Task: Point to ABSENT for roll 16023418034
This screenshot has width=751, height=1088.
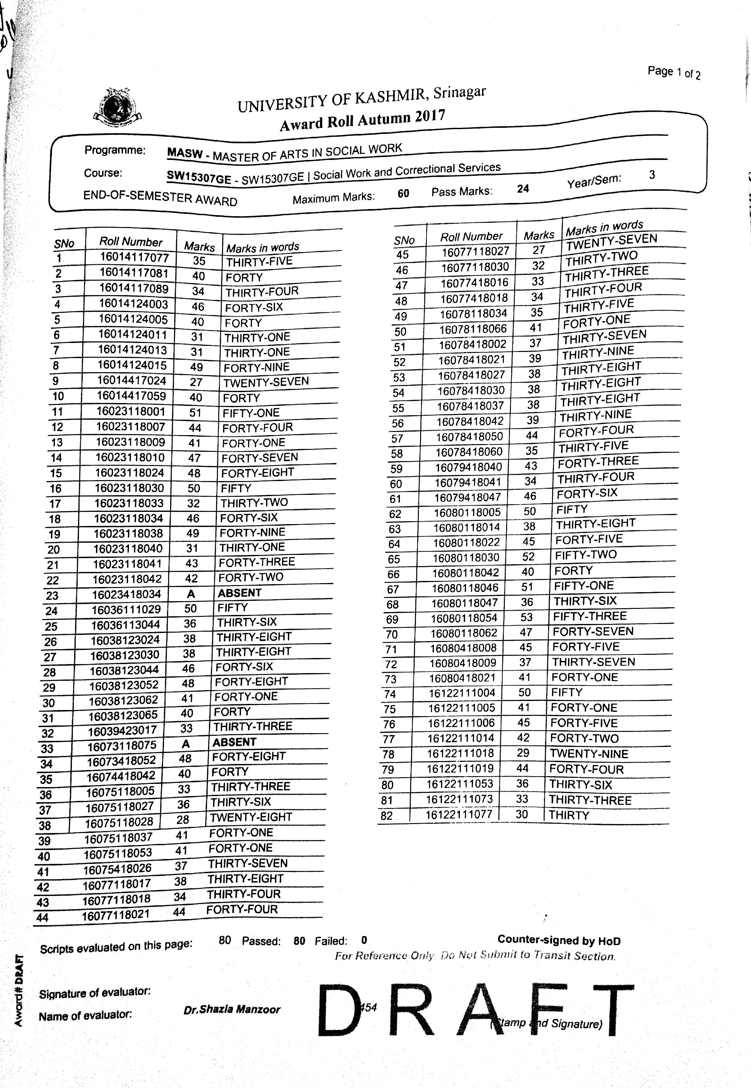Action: [239, 593]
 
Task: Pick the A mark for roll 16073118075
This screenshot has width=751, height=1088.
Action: [186, 744]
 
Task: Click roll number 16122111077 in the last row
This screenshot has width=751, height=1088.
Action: [459, 814]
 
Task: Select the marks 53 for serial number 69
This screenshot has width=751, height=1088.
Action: [527, 617]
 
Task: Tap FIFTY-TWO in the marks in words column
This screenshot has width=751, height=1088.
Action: [585, 555]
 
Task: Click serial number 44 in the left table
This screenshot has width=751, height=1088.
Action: [42, 917]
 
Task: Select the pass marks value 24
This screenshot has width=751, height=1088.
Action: [523, 189]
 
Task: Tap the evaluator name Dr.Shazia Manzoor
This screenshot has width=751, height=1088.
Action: [232, 1009]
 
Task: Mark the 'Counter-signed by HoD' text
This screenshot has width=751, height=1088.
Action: [558, 940]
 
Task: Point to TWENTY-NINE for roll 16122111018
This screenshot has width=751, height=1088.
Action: [589, 754]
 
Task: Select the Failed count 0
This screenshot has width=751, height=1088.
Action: [364, 940]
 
